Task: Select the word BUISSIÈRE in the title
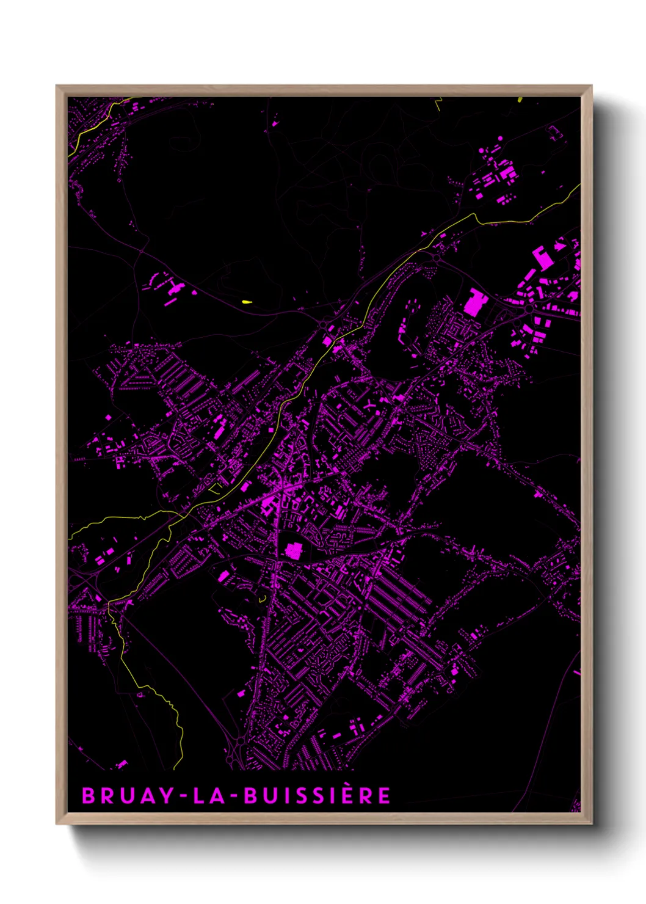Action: [x=317, y=796]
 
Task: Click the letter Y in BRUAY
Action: [x=167, y=796]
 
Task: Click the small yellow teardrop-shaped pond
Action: [x=246, y=301]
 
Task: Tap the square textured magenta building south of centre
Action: [x=294, y=550]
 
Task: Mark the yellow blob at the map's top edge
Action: [x=520, y=98]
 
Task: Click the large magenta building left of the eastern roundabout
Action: [x=474, y=303]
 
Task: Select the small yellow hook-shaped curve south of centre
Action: [x=263, y=599]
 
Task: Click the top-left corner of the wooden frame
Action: [x=57, y=86]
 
